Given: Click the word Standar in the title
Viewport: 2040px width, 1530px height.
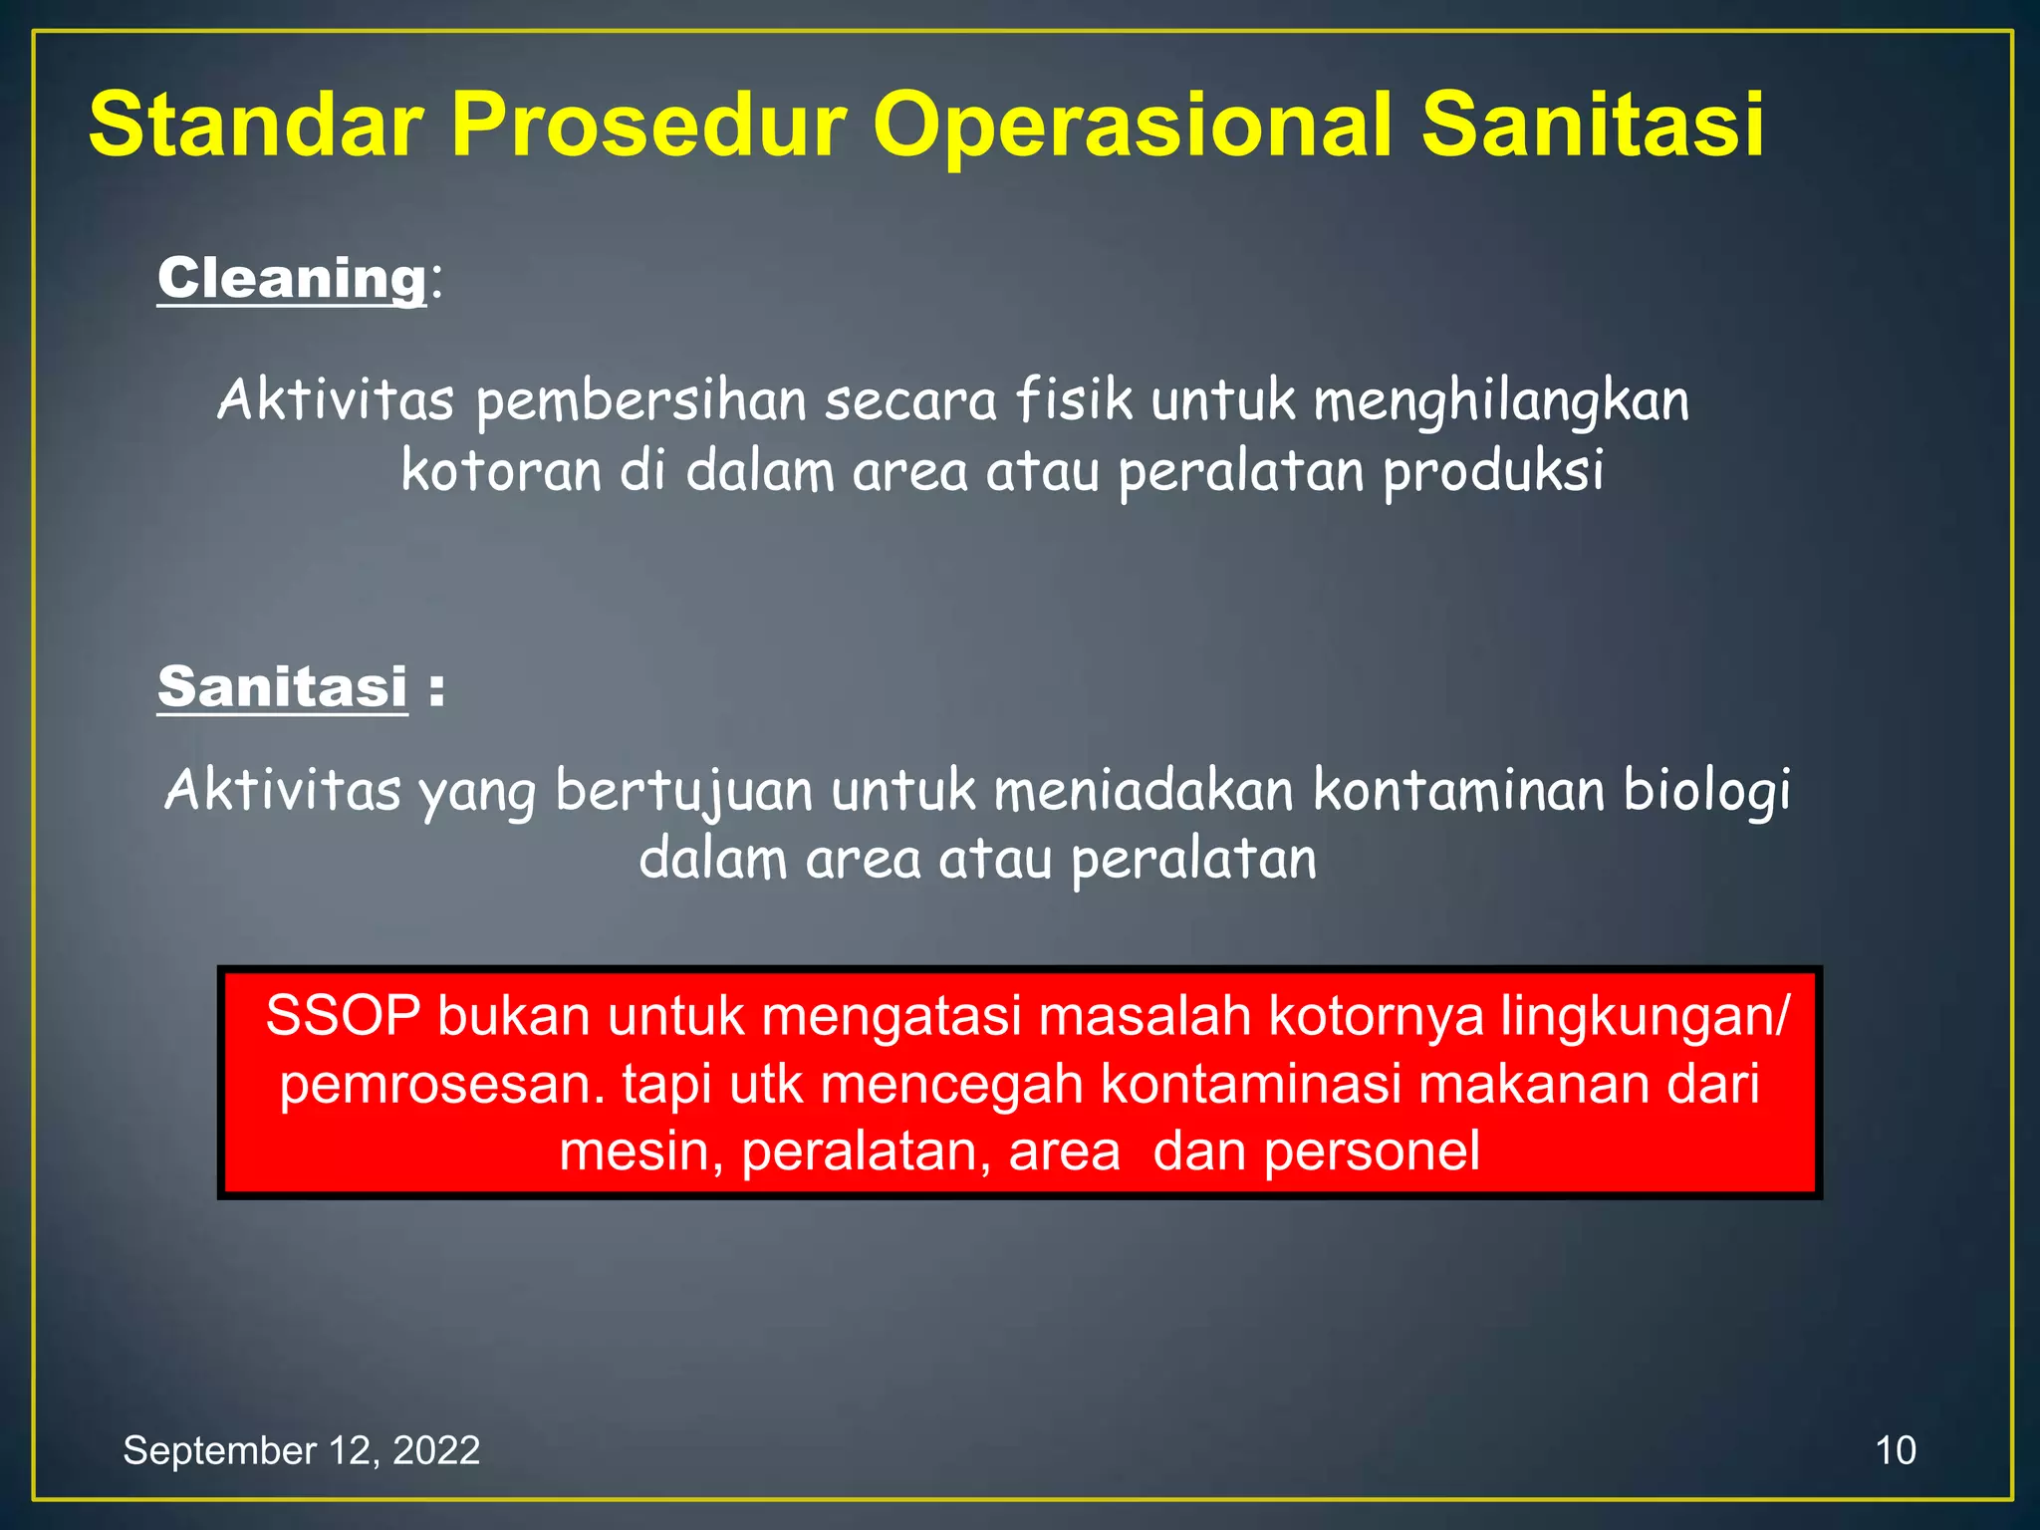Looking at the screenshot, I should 253,126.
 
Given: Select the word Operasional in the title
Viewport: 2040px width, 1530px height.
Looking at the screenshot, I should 1132,126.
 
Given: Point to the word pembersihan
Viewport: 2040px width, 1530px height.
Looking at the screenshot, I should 640,401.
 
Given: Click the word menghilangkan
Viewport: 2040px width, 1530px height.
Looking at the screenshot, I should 1500,401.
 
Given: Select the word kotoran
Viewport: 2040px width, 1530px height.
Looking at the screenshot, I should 500,470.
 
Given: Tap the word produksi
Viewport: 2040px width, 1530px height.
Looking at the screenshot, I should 1493,472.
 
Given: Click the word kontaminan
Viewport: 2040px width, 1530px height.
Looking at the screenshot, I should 1458,790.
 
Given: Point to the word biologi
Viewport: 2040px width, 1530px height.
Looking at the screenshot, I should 1707,792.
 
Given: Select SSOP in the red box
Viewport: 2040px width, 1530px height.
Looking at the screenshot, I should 343,1016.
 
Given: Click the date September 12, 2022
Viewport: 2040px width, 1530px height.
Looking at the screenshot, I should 301,1450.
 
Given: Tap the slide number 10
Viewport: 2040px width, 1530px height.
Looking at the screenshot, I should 1895,1450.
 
